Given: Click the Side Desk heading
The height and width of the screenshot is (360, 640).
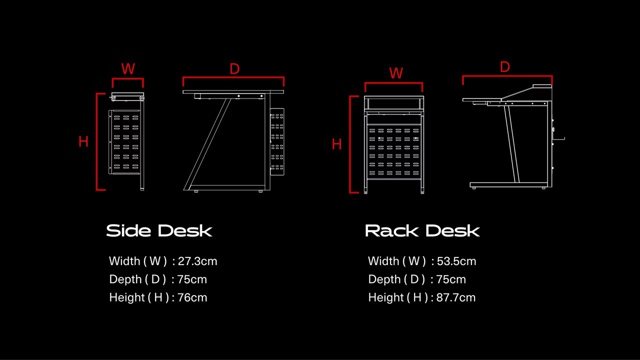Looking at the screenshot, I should [x=159, y=231].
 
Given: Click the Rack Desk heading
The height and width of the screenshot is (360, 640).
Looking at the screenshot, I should [x=422, y=231].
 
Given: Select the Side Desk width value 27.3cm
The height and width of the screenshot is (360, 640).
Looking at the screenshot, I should [x=197, y=261].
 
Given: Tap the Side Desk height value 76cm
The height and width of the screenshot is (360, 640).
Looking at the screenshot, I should [x=192, y=297].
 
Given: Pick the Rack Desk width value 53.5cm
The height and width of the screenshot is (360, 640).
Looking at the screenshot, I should [x=456, y=261].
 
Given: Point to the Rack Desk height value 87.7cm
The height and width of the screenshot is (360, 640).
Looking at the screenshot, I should [x=455, y=297].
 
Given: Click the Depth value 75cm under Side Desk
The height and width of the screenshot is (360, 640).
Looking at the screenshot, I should [x=192, y=279].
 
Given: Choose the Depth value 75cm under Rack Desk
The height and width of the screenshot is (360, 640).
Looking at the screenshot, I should [x=451, y=279].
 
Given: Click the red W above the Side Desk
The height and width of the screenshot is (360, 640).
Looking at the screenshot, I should [x=128, y=69].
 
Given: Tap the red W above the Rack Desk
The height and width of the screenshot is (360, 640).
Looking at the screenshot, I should [x=396, y=73].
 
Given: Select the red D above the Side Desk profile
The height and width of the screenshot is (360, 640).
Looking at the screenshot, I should [x=234, y=69].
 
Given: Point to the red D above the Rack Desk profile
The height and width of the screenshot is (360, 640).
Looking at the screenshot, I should [x=505, y=67].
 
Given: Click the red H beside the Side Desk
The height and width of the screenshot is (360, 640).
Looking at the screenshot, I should [x=83, y=142].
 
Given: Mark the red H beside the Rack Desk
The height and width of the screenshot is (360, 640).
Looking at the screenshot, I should [x=337, y=144].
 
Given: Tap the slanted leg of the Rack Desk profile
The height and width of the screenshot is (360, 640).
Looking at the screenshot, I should [x=511, y=142].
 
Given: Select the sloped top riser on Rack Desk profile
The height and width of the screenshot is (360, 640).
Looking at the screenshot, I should [x=520, y=92].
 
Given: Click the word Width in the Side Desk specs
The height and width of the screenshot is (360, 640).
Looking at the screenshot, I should [x=124, y=261].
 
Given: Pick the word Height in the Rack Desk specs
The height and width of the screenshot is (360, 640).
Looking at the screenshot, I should [x=385, y=297].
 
